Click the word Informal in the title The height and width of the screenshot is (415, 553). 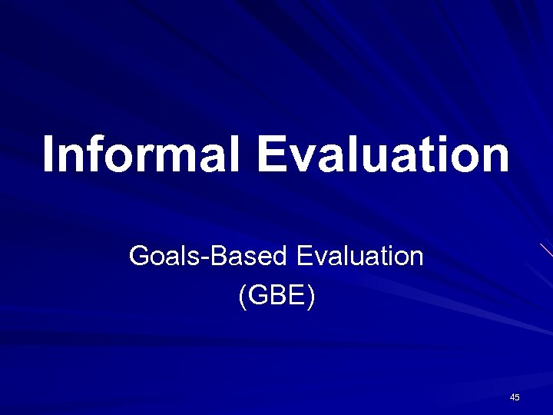144,154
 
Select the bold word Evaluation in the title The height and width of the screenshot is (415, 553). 383,154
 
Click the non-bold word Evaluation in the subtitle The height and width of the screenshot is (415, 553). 359,256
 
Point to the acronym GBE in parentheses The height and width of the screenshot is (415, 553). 276,297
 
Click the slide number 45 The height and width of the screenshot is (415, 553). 515,397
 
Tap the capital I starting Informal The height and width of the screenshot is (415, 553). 50,154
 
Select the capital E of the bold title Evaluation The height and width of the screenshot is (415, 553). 273,154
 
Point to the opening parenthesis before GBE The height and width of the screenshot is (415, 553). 243,297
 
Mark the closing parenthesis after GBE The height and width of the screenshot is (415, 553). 310,297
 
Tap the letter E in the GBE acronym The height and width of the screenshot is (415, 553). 296,297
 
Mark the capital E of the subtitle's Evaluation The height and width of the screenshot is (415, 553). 303,256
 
